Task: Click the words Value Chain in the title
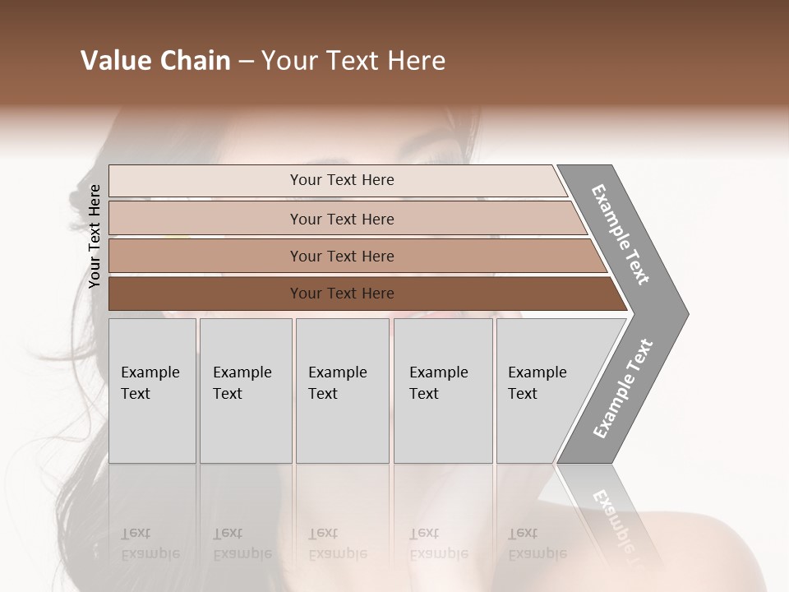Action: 155,61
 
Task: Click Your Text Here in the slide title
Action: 353,61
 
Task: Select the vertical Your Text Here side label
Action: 95,236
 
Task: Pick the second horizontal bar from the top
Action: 341,219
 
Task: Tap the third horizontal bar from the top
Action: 341,256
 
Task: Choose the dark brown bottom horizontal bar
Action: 341,294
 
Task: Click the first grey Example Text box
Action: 152,391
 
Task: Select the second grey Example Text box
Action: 245,391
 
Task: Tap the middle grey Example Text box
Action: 342,391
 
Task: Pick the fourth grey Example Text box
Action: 442,391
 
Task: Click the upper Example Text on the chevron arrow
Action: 621,234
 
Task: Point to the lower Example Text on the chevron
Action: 623,389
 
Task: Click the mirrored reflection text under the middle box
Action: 337,544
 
